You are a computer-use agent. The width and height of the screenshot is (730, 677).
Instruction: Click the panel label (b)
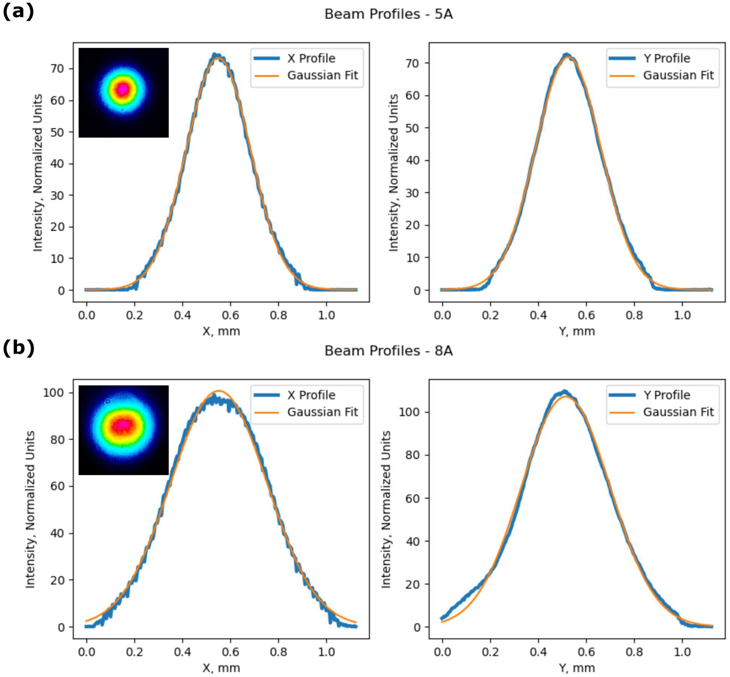[18, 348]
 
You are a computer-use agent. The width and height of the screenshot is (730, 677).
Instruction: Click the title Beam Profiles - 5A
[388, 14]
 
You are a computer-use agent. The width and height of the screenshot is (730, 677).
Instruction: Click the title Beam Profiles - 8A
[388, 351]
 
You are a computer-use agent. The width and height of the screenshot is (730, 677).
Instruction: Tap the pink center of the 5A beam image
[123, 89]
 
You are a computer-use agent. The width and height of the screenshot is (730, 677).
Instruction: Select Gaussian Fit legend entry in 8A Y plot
[678, 412]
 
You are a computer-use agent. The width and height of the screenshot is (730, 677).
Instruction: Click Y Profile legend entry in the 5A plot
[666, 58]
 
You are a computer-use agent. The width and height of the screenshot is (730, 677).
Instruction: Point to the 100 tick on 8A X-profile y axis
[54, 393]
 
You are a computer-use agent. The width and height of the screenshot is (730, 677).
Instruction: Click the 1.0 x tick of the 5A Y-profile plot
[682, 316]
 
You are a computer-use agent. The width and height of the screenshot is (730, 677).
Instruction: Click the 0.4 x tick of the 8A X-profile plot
[182, 652]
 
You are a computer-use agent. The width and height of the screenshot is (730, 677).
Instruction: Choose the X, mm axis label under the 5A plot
[221, 331]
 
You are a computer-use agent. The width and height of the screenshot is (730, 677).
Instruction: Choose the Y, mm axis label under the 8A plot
[577, 668]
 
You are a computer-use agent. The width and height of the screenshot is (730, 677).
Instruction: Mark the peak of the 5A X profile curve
[216, 55]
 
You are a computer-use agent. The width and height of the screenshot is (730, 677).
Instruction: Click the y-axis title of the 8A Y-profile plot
[386, 509]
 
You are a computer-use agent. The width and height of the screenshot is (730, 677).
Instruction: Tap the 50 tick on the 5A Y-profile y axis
[413, 128]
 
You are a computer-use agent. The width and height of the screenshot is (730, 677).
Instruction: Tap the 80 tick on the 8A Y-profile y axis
[413, 455]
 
